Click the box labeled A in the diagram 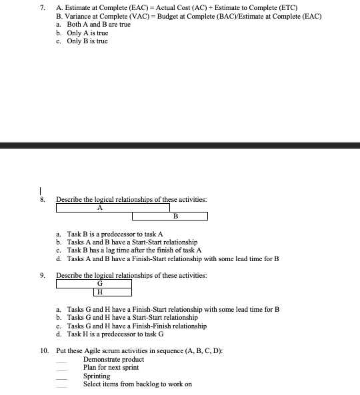point(113,207)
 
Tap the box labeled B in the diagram point(170,216)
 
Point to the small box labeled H point(112,292)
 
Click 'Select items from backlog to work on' point(137,384)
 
